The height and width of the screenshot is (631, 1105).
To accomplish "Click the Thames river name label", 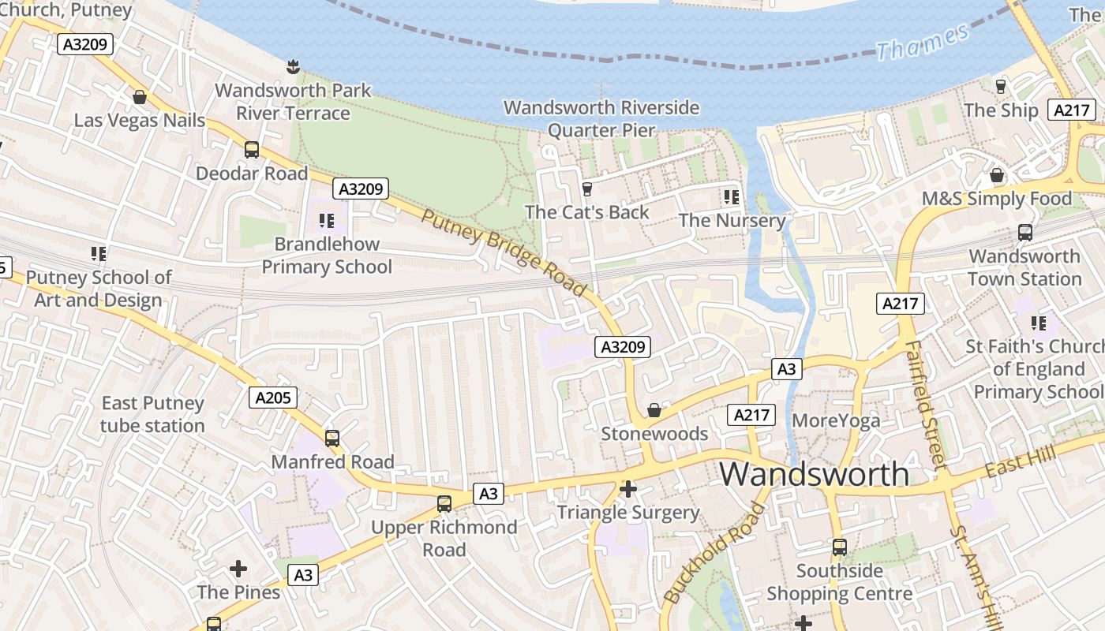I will (923, 42).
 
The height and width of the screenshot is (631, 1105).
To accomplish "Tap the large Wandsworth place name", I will (814, 474).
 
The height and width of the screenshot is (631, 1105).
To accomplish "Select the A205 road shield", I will (273, 398).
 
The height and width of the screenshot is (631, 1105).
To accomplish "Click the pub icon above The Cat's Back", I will (586, 189).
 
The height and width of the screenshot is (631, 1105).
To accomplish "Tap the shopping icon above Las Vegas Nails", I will (140, 97).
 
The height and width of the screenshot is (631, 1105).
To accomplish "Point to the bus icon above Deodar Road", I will (252, 150).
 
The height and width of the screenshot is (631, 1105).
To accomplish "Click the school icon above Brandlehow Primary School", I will (327, 221).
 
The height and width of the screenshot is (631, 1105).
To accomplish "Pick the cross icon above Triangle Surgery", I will (628, 490).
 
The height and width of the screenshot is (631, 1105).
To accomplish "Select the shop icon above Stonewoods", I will (654, 410).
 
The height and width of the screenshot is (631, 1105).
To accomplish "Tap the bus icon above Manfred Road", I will (332, 439).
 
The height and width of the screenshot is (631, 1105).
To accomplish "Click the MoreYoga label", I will (836, 420).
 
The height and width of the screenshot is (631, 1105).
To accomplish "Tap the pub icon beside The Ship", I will (1001, 87).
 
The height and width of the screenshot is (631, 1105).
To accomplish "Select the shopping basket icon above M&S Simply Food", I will (997, 175).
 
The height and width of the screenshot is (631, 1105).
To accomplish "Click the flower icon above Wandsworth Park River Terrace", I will (294, 67).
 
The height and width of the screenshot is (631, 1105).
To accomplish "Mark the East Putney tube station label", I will (152, 414).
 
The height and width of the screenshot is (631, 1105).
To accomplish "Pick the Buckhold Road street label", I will (715, 553).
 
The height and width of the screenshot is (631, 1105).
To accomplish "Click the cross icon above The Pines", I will (238, 569).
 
